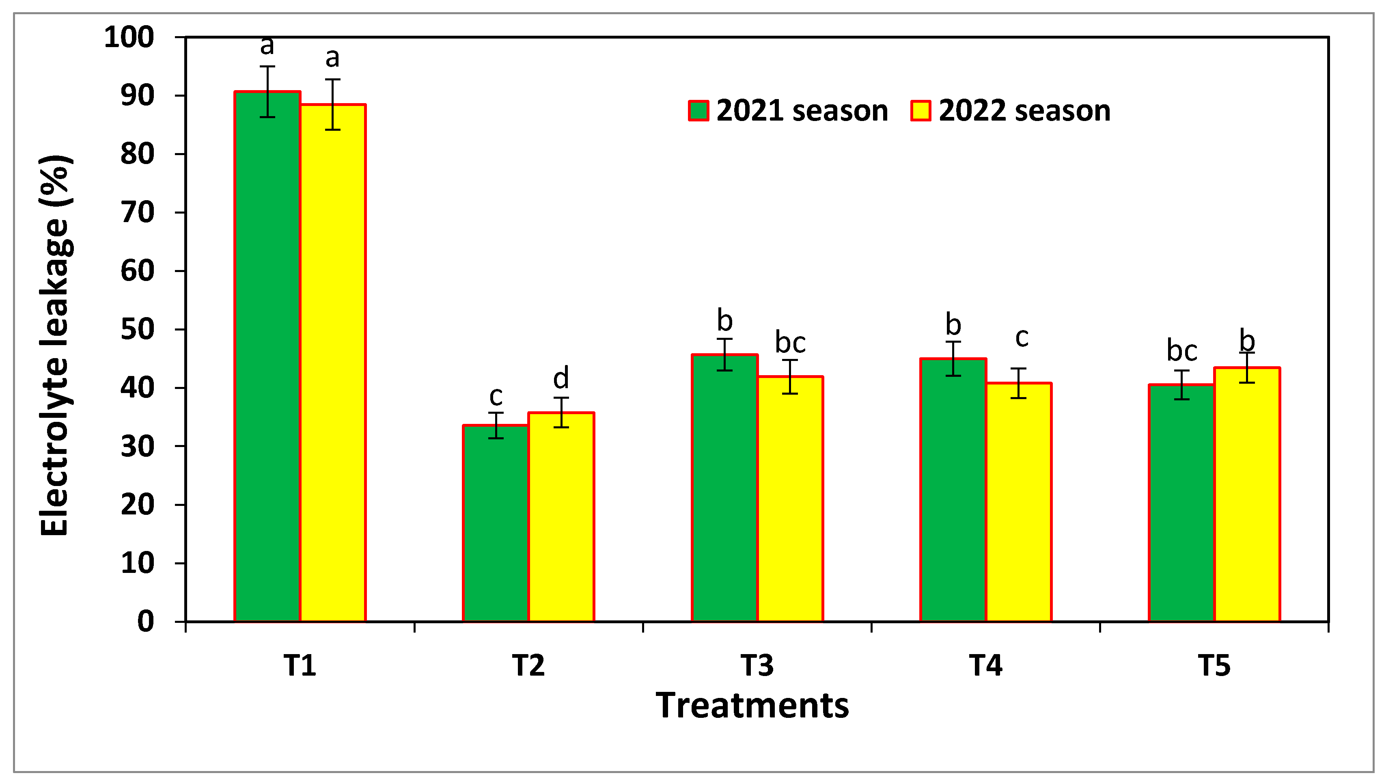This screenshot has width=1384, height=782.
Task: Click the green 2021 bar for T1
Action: point(267,355)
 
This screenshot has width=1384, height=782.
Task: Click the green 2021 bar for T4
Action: point(953,489)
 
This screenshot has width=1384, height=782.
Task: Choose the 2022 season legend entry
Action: point(1011,111)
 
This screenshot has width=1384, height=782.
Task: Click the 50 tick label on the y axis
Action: point(137,329)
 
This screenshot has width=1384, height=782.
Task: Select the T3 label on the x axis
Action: point(757,665)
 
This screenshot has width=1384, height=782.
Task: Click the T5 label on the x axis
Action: point(1214,665)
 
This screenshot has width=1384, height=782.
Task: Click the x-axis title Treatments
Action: point(752,705)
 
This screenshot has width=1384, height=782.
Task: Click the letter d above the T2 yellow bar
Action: point(561,378)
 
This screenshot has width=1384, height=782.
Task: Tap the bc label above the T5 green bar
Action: point(1181,351)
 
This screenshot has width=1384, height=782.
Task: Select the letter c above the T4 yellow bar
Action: point(1021,337)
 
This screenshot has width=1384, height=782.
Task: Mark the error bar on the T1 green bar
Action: point(267,91)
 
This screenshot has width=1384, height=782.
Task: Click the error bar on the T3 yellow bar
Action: point(790,376)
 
